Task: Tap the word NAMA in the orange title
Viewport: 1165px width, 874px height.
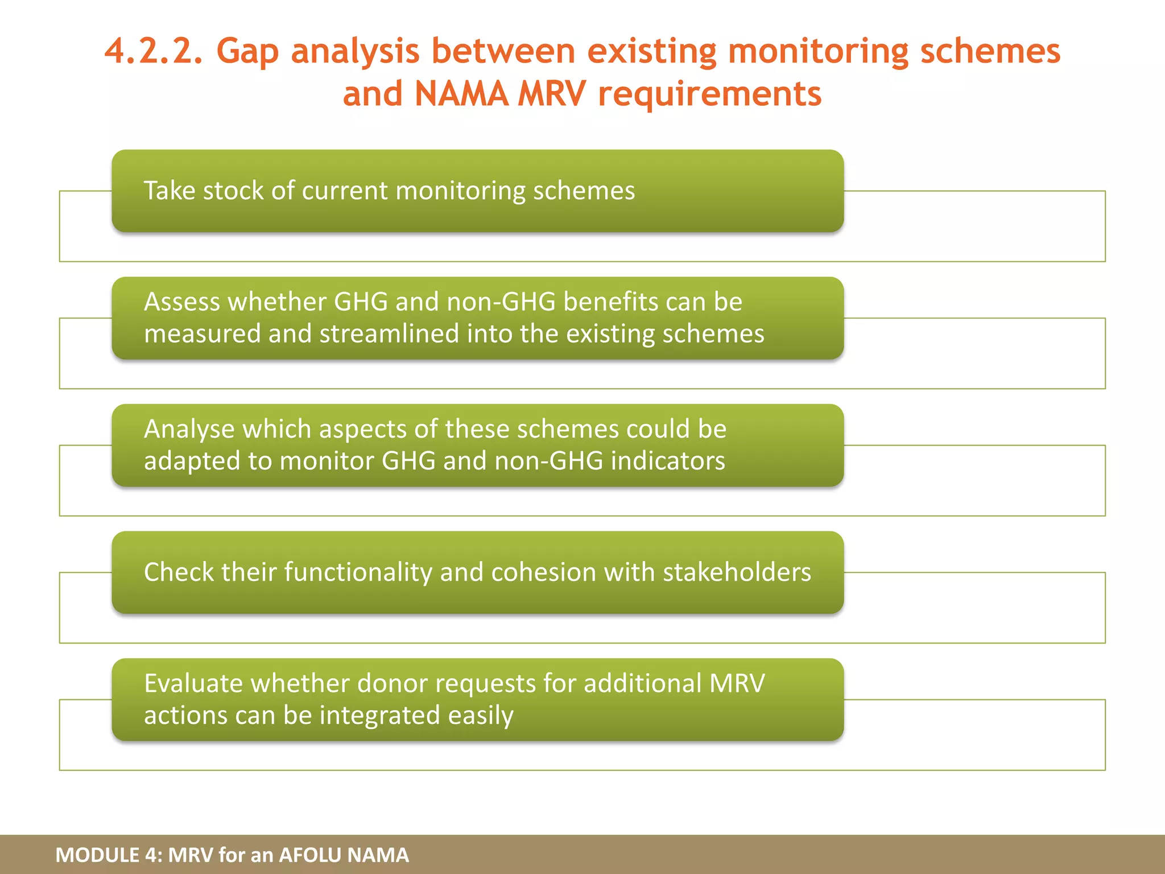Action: [461, 94]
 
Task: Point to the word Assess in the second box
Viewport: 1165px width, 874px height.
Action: [181, 302]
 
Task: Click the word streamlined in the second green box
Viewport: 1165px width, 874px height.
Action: [389, 333]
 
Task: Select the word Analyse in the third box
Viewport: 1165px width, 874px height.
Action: [189, 429]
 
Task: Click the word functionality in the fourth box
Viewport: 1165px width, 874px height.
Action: [358, 572]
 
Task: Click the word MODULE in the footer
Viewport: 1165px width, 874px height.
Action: [97, 855]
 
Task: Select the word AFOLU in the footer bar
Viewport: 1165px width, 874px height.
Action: [310, 855]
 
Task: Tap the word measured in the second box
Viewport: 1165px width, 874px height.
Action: [202, 333]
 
